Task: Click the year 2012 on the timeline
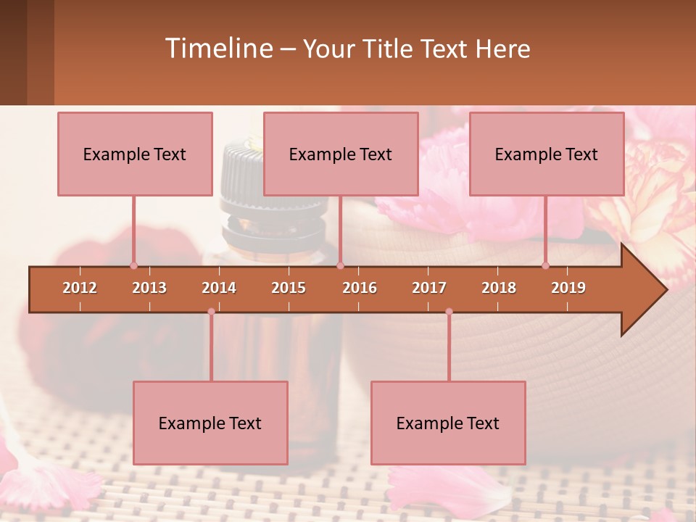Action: click(x=80, y=288)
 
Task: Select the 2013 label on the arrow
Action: click(x=149, y=288)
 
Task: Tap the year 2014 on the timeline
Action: click(x=219, y=288)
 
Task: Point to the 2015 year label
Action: click(x=289, y=288)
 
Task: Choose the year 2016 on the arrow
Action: click(x=360, y=288)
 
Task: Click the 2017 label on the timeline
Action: click(x=429, y=288)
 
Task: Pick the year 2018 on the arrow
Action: click(x=499, y=288)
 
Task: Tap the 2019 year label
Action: click(x=568, y=288)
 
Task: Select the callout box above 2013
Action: click(x=135, y=154)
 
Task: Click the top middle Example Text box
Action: click(x=341, y=154)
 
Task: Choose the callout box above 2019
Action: click(x=547, y=154)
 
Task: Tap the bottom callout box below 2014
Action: click(x=210, y=423)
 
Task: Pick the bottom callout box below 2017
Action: click(x=448, y=423)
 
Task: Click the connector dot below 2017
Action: click(x=449, y=312)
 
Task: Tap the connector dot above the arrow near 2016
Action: click(x=340, y=265)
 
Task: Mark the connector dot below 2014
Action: click(x=211, y=312)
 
